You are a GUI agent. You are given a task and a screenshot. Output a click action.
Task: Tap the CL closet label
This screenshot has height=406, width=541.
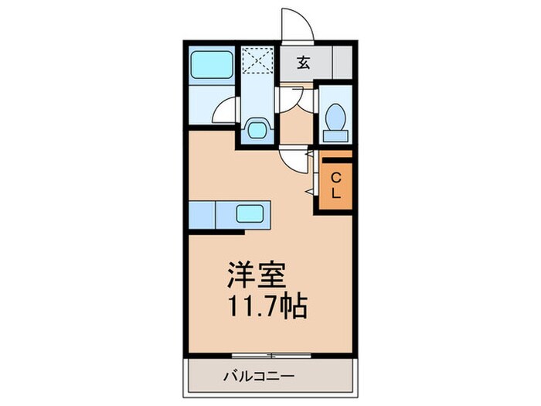(x=335, y=186)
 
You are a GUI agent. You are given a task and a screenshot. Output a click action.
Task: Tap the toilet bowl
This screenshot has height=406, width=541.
(x=335, y=118)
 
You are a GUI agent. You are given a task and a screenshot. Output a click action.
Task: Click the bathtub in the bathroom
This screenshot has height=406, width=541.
(x=211, y=65)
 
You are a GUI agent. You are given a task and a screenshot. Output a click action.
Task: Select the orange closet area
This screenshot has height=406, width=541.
(x=335, y=186)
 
